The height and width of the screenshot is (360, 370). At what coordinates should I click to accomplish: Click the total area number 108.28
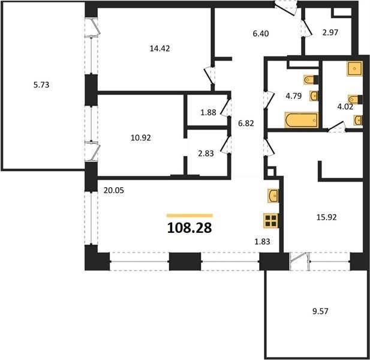(189, 228)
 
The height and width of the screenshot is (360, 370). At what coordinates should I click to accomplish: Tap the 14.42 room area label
(160, 49)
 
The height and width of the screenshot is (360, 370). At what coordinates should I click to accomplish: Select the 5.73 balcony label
(41, 85)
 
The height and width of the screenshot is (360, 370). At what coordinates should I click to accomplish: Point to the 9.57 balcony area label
(320, 311)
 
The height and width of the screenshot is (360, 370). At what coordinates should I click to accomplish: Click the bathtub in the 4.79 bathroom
(302, 120)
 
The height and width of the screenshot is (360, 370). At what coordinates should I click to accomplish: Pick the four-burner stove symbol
(271, 220)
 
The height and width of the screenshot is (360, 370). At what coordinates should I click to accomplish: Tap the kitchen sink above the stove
(273, 195)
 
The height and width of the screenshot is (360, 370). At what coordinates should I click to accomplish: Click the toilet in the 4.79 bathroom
(311, 80)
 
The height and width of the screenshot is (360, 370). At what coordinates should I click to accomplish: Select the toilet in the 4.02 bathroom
(355, 99)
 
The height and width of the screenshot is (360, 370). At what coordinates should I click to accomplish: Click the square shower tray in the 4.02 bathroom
(354, 68)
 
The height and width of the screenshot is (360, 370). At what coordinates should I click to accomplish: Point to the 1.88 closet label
(208, 112)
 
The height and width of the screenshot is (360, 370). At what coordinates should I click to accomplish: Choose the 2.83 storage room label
(206, 154)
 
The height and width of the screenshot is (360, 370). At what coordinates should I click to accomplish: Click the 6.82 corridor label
(246, 123)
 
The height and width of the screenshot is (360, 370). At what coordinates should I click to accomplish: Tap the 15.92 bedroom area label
(326, 217)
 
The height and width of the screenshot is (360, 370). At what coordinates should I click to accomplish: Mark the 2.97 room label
(330, 32)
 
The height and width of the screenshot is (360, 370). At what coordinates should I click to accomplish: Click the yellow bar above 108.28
(189, 215)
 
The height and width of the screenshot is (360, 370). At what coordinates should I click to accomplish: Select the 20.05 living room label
(113, 190)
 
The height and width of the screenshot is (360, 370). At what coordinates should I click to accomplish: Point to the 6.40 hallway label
(261, 34)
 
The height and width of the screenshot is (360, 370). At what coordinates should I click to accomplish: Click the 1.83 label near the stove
(262, 241)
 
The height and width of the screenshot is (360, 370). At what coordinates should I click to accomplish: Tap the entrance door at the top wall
(286, 8)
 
